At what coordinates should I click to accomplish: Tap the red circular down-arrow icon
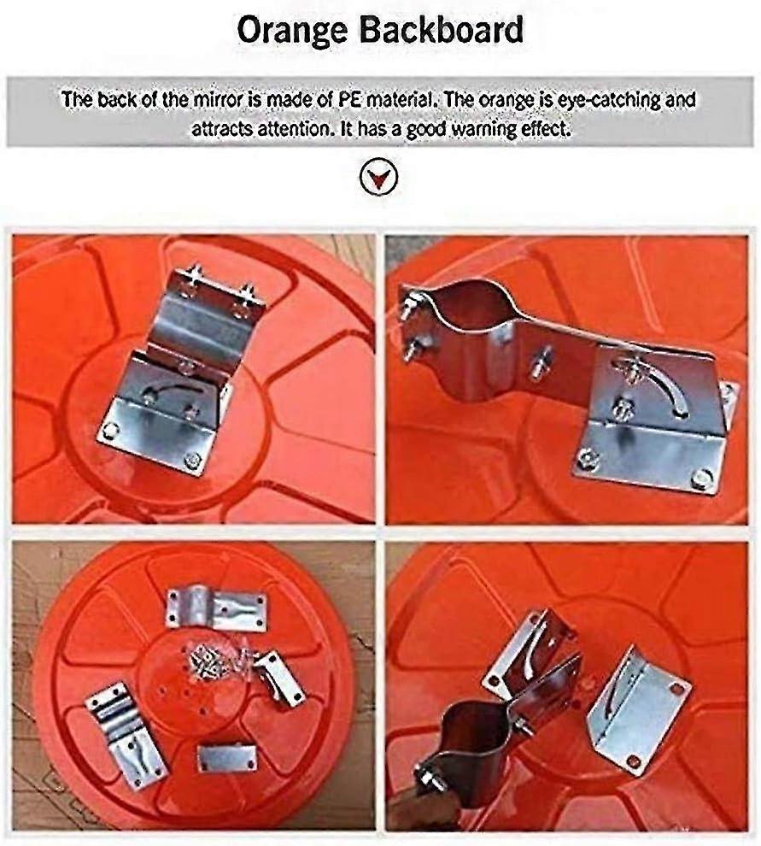(x=379, y=179)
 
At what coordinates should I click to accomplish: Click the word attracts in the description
(x=223, y=130)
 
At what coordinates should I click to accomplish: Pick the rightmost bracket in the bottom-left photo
(x=279, y=677)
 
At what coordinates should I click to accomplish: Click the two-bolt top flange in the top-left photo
(x=220, y=296)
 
